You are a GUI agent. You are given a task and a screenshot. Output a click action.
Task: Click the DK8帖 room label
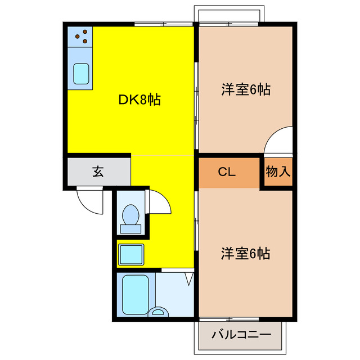click(139, 100)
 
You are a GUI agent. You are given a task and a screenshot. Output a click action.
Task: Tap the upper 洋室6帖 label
click(245, 89)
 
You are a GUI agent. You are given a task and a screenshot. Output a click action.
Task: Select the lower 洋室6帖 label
click(245, 254)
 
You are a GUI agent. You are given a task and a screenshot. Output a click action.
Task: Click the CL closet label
click(227, 172)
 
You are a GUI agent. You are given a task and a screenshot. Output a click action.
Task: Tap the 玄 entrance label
click(98, 172)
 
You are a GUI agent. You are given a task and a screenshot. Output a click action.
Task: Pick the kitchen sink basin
click(82, 74)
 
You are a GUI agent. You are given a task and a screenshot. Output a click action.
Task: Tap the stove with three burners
click(81, 37)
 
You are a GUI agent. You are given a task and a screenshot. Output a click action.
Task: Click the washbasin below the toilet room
click(132, 254)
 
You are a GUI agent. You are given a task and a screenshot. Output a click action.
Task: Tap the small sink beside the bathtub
click(160, 310)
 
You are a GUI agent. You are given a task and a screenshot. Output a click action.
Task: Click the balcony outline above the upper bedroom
click(227, 14)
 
